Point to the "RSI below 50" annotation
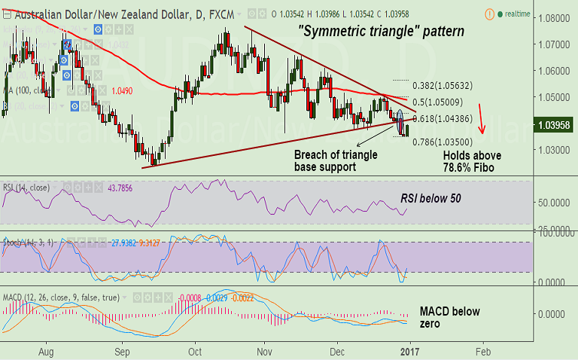pyautogui.click(x=430, y=199)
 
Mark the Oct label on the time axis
pyautogui.click(x=195, y=351)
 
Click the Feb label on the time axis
pyautogui.click(x=482, y=351)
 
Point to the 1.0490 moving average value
pyautogui.click(x=123, y=90)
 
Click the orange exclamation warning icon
pyautogui.click(x=490, y=14)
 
